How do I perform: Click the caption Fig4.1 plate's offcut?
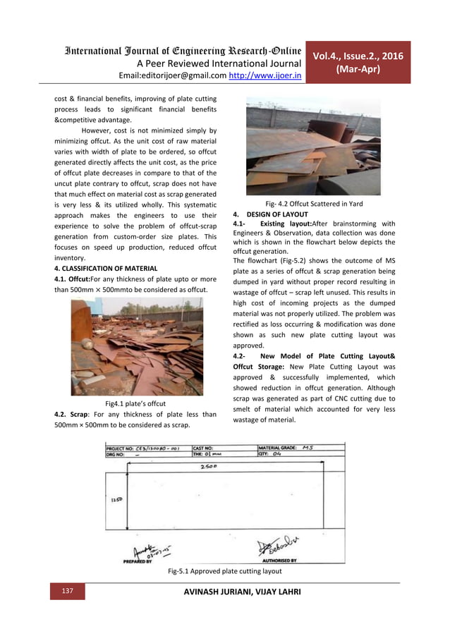135,403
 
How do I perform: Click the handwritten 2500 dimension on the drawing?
207,467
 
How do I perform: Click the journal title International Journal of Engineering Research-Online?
174,49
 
